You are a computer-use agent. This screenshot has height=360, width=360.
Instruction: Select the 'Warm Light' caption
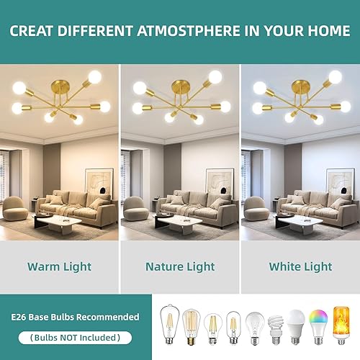point(59,266)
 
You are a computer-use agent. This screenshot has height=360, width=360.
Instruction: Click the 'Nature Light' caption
point(179,266)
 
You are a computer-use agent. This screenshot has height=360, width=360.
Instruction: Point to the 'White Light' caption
point(300,266)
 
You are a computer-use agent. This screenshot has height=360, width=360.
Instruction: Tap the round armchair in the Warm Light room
point(15,209)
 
